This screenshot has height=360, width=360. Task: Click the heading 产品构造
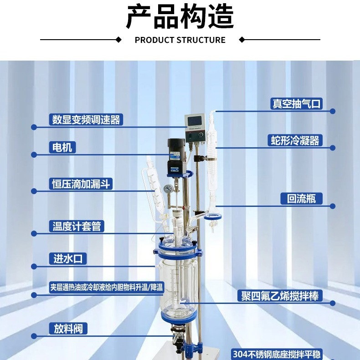180,17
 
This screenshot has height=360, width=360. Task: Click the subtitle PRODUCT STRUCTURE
180,40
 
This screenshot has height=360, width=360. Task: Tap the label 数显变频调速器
86,119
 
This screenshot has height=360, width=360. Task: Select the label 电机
61,147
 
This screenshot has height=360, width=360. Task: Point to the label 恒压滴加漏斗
80,184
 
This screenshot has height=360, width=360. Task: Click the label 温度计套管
77,226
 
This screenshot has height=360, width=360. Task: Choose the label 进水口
67,259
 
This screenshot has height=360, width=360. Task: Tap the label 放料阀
67,328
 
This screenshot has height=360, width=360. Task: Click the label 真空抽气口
296,103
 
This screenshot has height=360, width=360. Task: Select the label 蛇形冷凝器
294,140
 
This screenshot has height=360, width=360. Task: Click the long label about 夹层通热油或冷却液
106,288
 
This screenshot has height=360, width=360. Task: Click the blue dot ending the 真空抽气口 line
333,111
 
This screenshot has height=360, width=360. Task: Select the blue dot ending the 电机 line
34,155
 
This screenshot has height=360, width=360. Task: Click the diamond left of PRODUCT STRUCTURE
119,40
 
